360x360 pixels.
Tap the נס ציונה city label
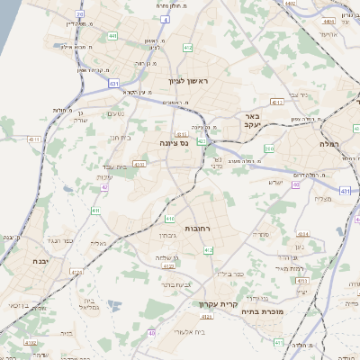172,143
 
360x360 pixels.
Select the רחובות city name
196,229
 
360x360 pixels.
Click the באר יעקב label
253,121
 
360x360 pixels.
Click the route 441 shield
112,36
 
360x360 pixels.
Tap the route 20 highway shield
81,15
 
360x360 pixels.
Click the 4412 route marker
277,103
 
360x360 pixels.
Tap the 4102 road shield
31,342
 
